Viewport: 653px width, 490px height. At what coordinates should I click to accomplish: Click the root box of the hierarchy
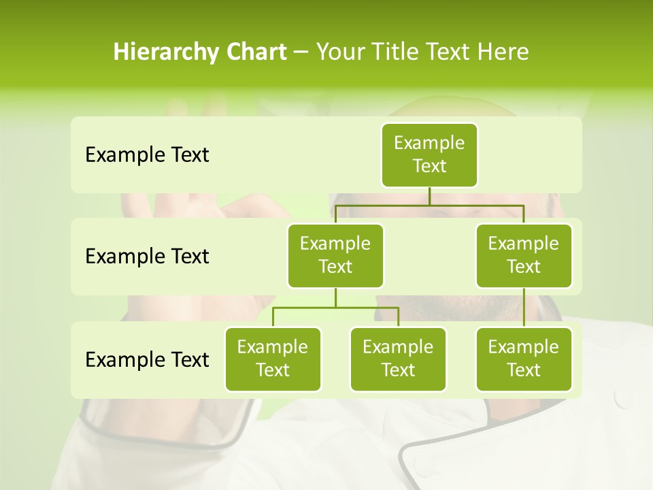429,154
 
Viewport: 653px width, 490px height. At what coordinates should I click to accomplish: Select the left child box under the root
335,255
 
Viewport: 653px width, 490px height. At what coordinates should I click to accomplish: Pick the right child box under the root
524,255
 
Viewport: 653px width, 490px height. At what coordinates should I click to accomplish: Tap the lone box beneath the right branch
524,359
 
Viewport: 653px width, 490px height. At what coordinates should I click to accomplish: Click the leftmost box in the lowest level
273,359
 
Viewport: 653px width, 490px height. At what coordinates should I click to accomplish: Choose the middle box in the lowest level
398,359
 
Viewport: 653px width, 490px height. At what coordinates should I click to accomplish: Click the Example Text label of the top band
147,155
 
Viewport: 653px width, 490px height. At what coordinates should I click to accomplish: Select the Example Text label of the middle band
147,257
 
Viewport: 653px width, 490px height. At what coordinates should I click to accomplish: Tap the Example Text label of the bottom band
147,359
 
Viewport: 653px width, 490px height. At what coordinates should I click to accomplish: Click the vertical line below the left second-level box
335,297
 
